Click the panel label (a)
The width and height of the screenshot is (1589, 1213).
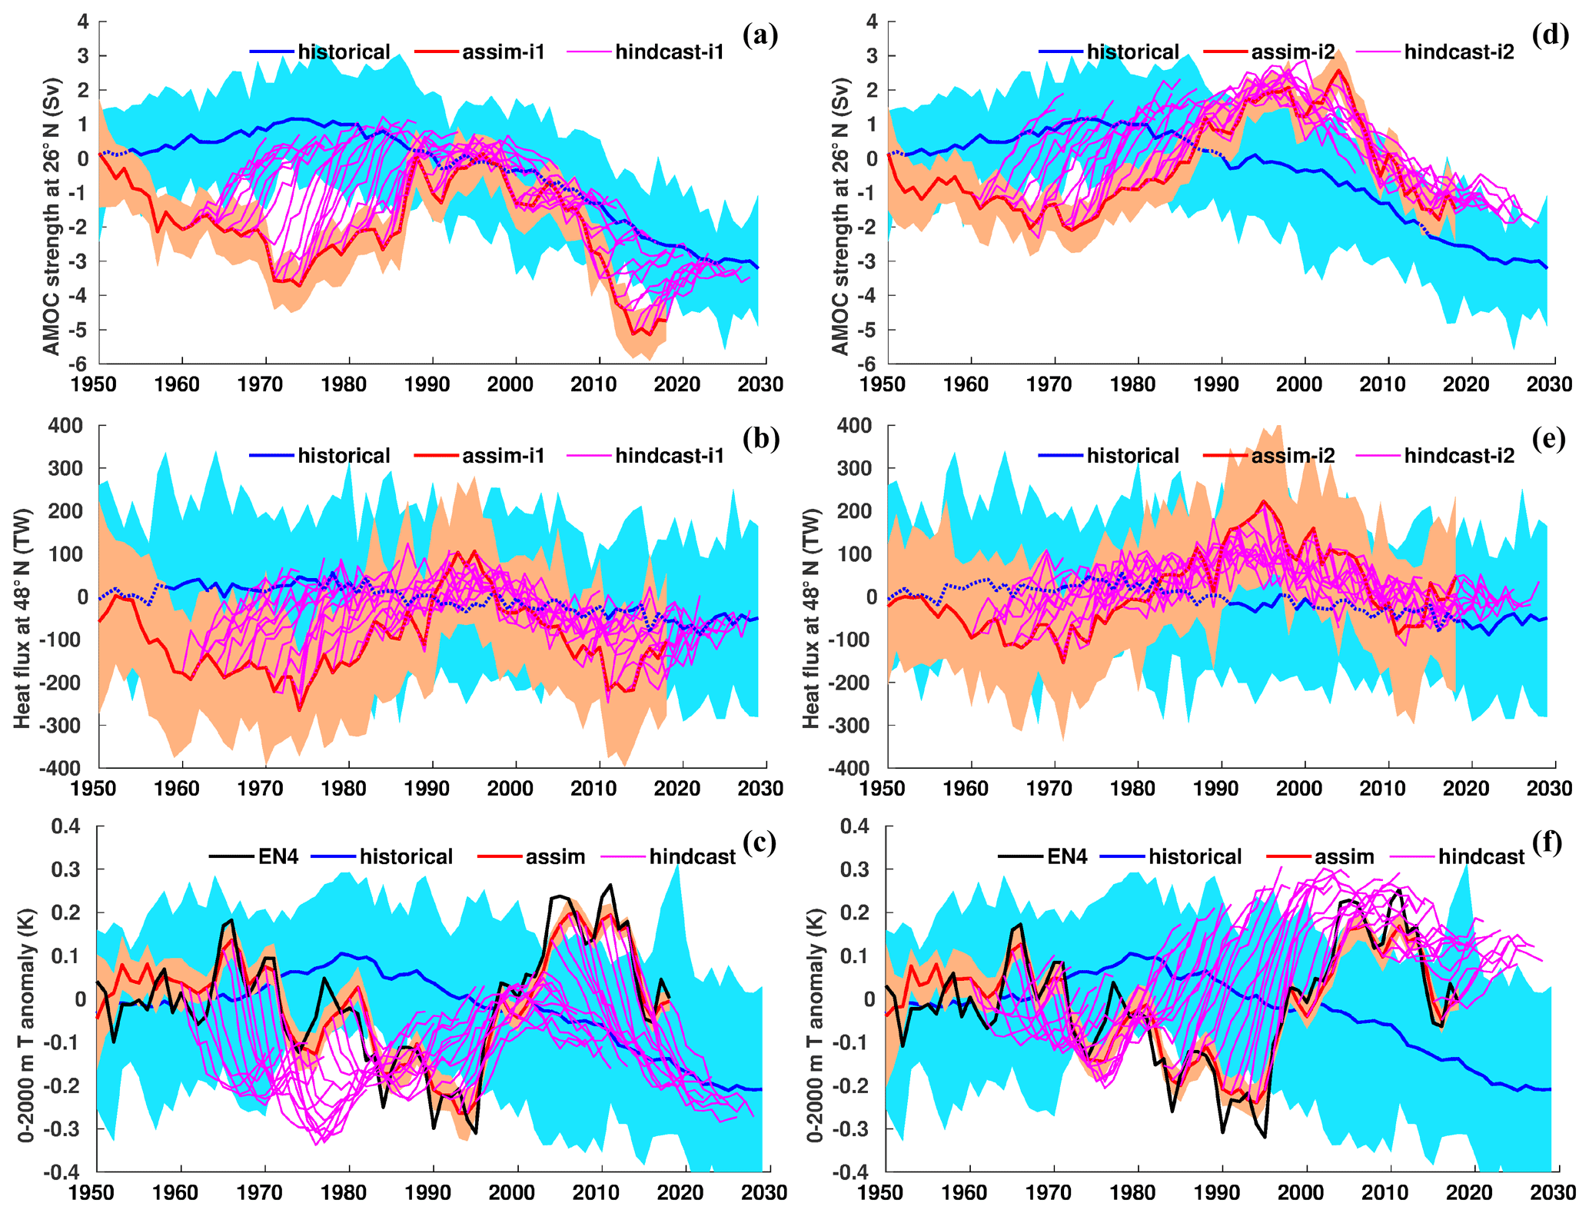[x=760, y=35]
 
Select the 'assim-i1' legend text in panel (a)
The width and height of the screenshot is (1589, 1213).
[x=503, y=52]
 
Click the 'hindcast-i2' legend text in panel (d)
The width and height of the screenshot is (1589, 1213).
[x=1458, y=52]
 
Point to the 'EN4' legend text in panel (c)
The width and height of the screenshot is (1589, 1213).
[x=278, y=856]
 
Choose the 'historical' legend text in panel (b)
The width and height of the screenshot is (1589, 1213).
[x=344, y=456]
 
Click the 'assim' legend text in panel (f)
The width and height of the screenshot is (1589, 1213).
[x=1344, y=856]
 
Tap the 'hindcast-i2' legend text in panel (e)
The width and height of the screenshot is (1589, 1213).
[x=1458, y=456]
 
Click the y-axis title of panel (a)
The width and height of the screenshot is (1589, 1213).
[x=51, y=216]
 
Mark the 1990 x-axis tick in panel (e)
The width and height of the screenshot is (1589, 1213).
[x=1215, y=788]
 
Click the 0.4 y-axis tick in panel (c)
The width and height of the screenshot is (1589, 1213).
[x=65, y=826]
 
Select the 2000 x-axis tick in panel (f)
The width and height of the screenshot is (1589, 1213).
[x=1300, y=1192]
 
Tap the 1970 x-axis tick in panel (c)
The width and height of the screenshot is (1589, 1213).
[x=260, y=1192]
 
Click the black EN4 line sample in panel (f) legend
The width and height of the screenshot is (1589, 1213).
[x=1020, y=856]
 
